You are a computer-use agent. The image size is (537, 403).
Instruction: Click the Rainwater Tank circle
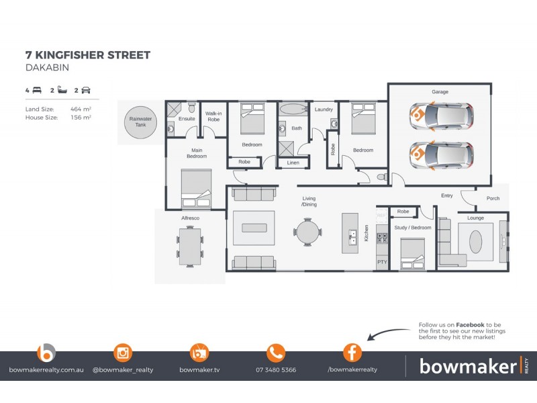pos(142,122)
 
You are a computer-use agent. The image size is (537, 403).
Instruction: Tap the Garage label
pos(440,92)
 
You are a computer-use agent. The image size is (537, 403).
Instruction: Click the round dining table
pos(307,232)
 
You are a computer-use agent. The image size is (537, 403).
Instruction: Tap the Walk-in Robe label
pos(213,116)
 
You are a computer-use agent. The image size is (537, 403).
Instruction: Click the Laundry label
pos(324,109)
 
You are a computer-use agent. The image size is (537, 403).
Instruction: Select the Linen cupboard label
pos(293,163)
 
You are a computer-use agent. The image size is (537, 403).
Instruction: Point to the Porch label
pos(493,198)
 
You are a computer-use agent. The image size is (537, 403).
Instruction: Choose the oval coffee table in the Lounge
pos(476,241)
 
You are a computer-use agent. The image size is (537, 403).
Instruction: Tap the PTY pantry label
pos(382,262)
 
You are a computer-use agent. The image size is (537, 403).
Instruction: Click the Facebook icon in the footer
pos(352,353)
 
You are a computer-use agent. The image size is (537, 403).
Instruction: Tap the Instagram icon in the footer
pos(123,353)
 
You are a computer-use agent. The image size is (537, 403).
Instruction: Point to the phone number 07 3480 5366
pos(276,370)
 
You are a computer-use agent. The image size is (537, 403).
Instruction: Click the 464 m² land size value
pos(81,108)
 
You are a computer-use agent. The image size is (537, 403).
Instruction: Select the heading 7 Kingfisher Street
pos(88,55)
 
